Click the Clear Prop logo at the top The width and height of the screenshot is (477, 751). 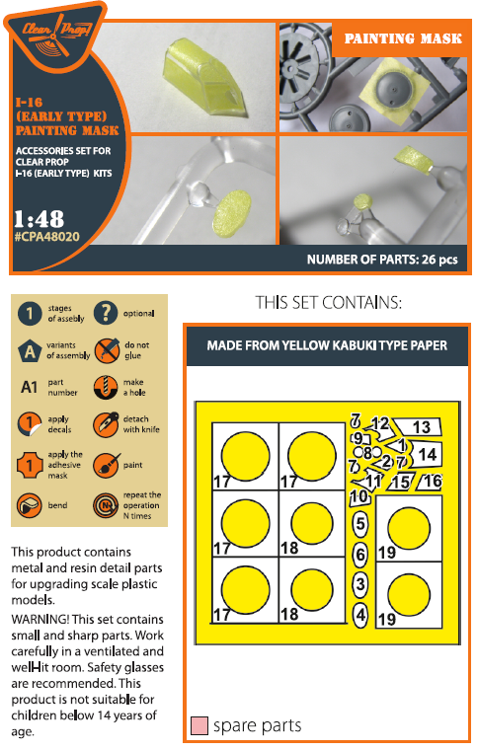tap(55, 36)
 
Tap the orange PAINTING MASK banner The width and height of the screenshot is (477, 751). tap(402, 38)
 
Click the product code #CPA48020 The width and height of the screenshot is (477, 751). tap(47, 237)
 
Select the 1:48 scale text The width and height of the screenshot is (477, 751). tap(39, 219)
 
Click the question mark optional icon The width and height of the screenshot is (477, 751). tap(106, 313)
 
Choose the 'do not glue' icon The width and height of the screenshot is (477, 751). tap(107, 350)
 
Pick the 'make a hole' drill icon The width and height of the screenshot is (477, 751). tap(106, 387)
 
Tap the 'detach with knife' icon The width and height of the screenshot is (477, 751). tap(106, 424)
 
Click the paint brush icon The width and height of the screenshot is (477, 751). tap(106, 465)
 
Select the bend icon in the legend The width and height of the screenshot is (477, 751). tap(30, 505)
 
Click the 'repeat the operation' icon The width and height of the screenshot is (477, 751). tap(106, 505)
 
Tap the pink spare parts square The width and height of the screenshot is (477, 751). tap(199, 725)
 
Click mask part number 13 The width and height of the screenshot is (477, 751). tap(418, 426)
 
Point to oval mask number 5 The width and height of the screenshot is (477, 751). tap(360, 523)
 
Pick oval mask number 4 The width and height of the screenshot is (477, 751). tap(360, 615)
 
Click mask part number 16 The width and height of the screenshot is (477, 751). tap(430, 481)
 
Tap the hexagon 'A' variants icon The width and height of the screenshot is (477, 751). tap(30, 350)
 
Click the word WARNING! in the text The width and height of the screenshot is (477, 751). tap(40, 620)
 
